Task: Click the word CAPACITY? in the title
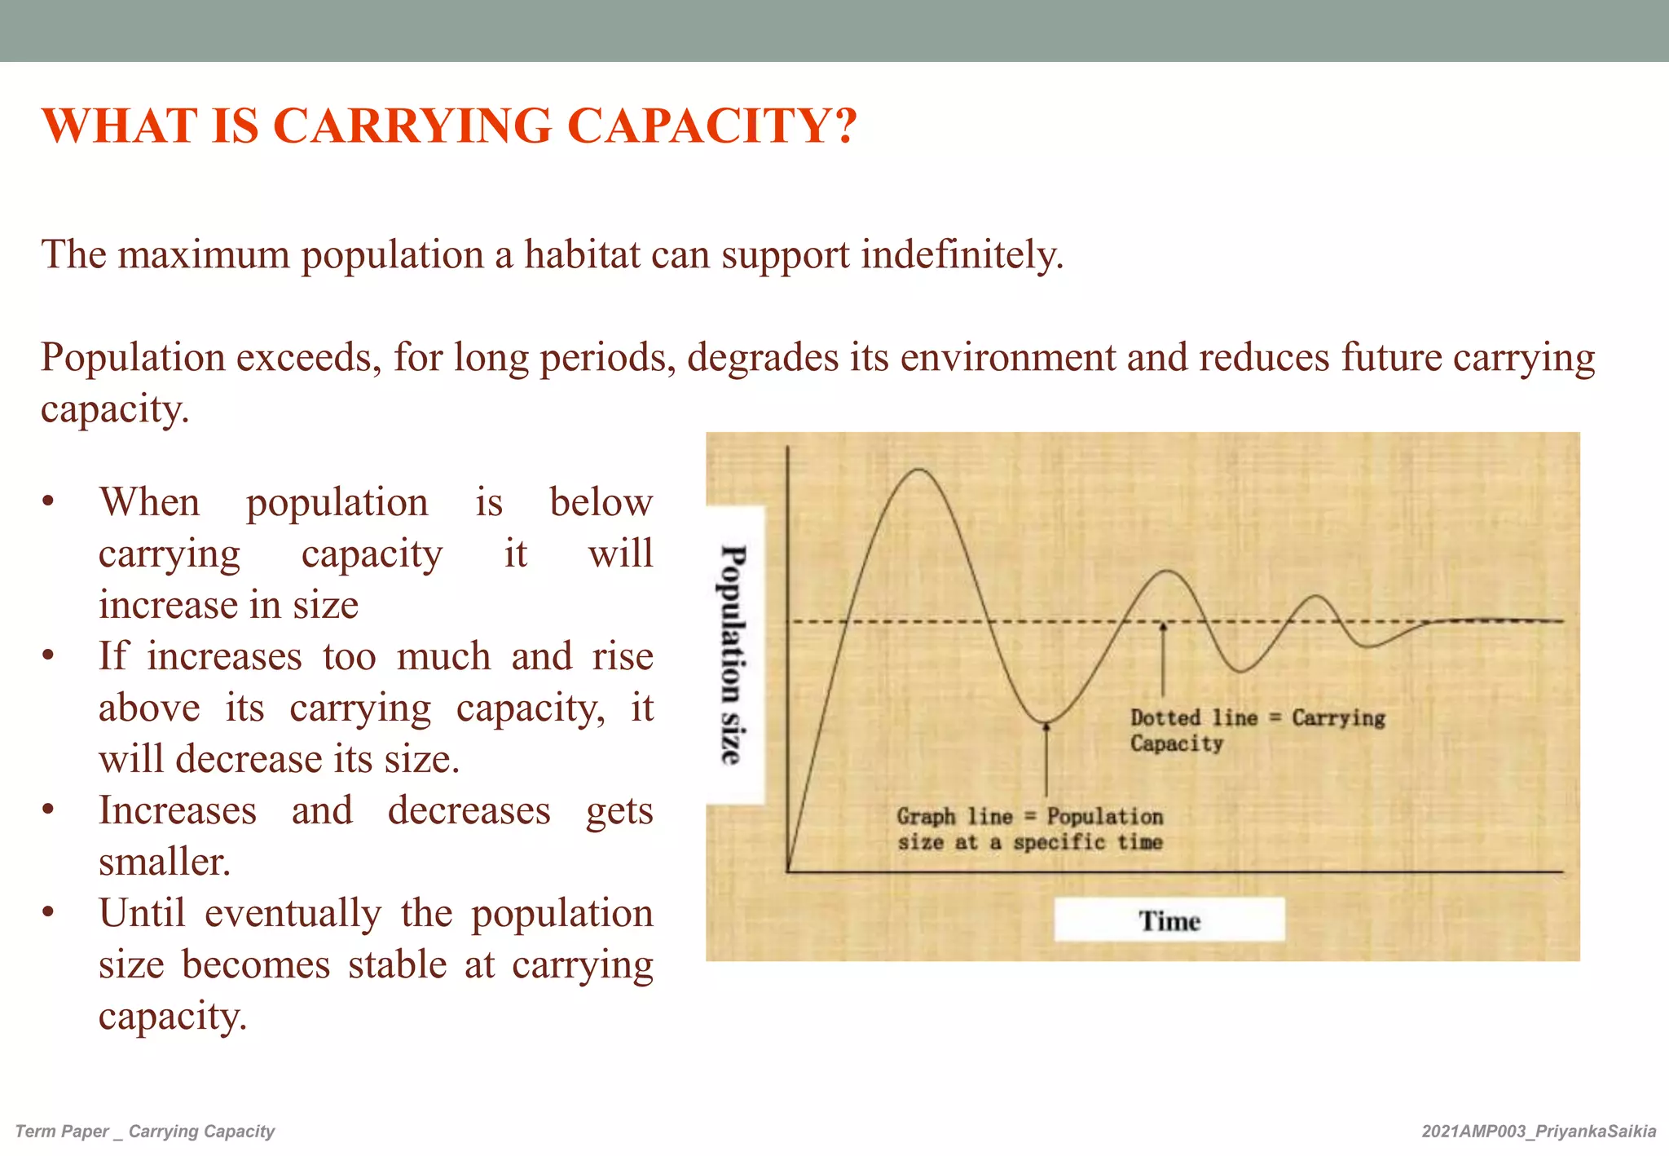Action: point(711,126)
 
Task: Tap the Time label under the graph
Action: point(1169,921)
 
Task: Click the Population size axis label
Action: point(733,655)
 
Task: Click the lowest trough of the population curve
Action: point(1046,722)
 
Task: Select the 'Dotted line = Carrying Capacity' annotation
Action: point(1256,730)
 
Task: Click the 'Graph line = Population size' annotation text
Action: point(1029,829)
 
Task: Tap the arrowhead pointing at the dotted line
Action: point(1163,627)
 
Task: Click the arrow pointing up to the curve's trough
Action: point(1046,758)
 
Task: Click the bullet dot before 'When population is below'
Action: point(49,501)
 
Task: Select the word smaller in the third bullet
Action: point(164,862)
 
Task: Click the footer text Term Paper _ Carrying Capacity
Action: point(145,1132)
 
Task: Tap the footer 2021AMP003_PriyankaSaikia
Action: point(1539,1132)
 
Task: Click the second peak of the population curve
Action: point(1167,571)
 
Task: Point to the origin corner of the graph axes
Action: point(788,871)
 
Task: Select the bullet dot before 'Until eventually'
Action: point(49,913)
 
